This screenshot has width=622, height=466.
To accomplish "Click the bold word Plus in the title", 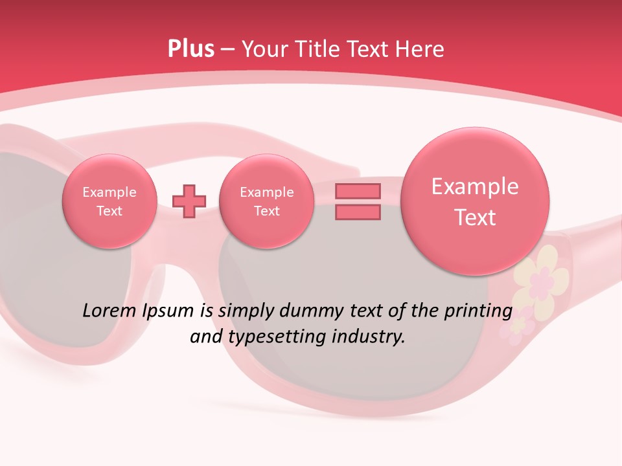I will (x=190, y=49).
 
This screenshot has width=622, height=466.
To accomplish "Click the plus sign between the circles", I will (x=189, y=201).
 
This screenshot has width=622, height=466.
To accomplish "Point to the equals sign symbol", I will (x=358, y=201).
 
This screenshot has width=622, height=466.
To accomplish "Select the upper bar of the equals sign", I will (x=358, y=191).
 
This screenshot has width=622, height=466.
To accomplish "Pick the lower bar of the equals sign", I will (x=358, y=212).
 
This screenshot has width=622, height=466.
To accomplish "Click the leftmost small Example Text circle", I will (x=109, y=201).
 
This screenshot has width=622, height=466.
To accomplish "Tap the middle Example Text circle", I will (x=266, y=201).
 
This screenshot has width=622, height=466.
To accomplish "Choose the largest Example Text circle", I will (x=475, y=201).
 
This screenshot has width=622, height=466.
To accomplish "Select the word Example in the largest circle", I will (x=475, y=186).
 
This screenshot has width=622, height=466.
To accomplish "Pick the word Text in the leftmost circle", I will (x=109, y=211).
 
